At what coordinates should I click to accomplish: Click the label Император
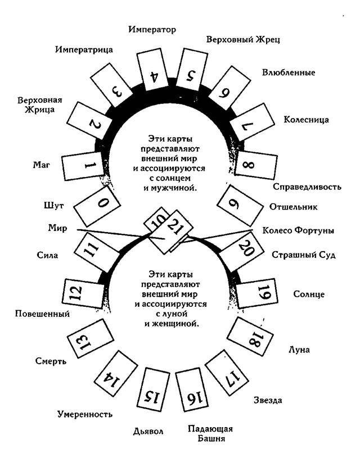point(152,29)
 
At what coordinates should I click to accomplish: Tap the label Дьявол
point(148,432)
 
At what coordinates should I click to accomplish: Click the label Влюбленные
point(289,72)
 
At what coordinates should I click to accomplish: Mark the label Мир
point(57,229)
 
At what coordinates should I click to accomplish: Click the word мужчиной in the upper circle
point(179,187)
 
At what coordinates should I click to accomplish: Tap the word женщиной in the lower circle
point(178,324)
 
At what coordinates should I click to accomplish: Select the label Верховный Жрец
point(243,39)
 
